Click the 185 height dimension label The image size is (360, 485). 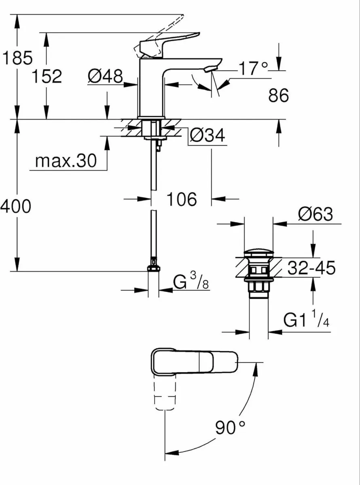pos(17,59)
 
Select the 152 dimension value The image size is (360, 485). pos(47,76)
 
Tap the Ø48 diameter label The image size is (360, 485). pos(105,76)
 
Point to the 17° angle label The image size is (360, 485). pos(253,69)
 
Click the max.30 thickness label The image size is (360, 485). pos(66,161)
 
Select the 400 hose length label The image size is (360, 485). pos(15,207)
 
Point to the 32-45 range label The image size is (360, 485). pos(311,268)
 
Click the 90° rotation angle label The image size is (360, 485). pos(230,427)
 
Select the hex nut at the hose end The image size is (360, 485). pos(154,268)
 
